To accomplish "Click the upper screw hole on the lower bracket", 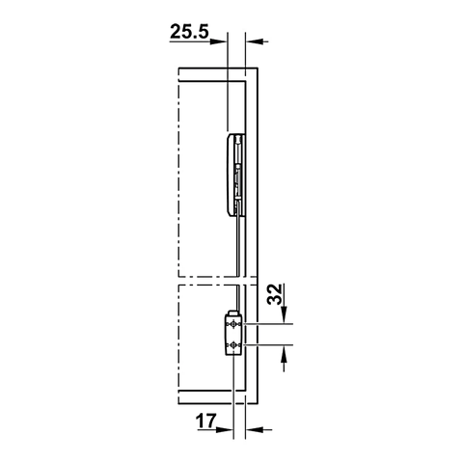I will pyautogui.click(x=232, y=327).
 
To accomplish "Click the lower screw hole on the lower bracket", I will pyautogui.click(x=232, y=344).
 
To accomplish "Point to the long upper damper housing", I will pyautogui.click(x=234, y=174).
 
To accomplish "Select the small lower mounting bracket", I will pyautogui.click(x=233, y=334).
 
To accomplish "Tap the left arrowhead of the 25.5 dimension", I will pyautogui.click(x=220, y=41).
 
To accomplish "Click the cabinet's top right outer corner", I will pyautogui.click(x=258, y=68).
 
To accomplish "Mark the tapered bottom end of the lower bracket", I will pyautogui.click(x=232, y=355).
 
